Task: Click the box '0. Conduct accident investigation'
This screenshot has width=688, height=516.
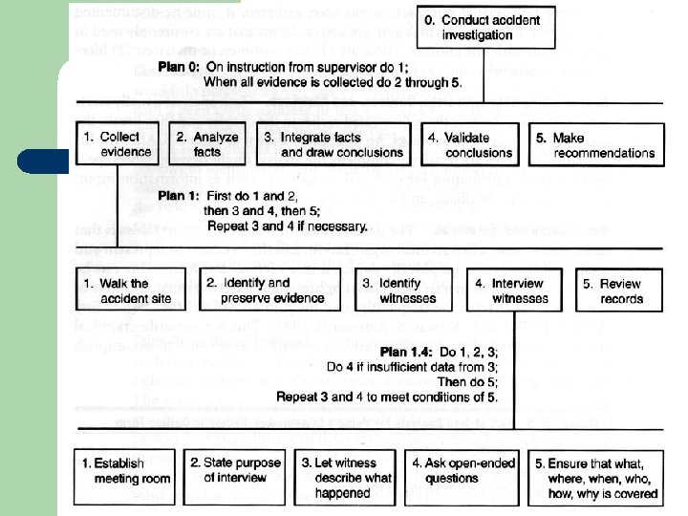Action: click(x=484, y=28)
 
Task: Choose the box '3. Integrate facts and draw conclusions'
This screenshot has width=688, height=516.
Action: click(x=334, y=144)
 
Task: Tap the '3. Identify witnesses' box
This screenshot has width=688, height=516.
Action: click(x=398, y=290)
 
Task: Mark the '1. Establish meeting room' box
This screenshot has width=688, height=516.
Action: click(x=124, y=475)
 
